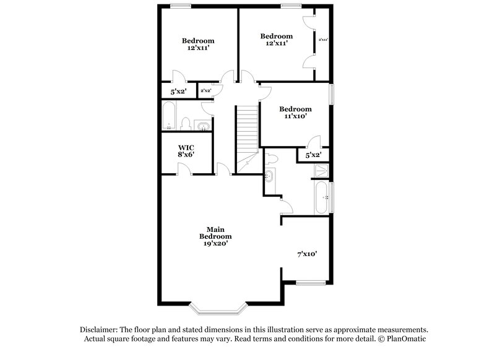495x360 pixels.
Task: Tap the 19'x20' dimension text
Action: coord(215,244)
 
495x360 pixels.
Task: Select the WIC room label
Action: coord(186,147)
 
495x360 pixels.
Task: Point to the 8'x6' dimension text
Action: coord(186,155)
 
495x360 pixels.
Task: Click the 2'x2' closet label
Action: coord(205,91)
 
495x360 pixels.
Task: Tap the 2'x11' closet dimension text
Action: coord(323,40)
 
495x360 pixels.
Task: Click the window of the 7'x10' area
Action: coord(311,283)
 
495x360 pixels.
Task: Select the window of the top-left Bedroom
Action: coord(181,6)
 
